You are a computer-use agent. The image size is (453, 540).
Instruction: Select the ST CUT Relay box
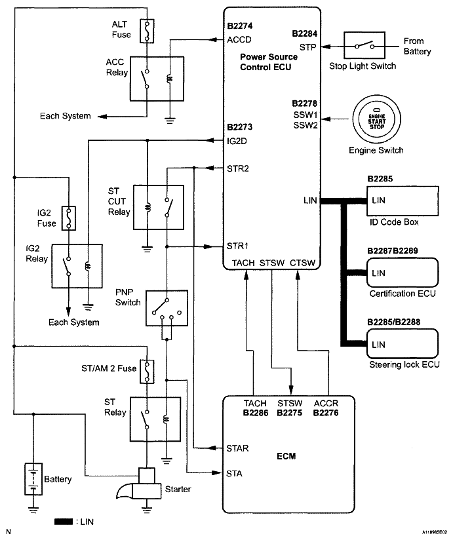(157, 206)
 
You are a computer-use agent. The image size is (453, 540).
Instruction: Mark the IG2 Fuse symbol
(68, 218)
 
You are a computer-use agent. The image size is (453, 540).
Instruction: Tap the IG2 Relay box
(77, 265)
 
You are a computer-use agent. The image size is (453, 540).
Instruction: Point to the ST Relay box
(155, 416)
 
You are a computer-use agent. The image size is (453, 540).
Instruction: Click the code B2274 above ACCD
(240, 27)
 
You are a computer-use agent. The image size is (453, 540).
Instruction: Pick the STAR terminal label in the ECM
(237, 449)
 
